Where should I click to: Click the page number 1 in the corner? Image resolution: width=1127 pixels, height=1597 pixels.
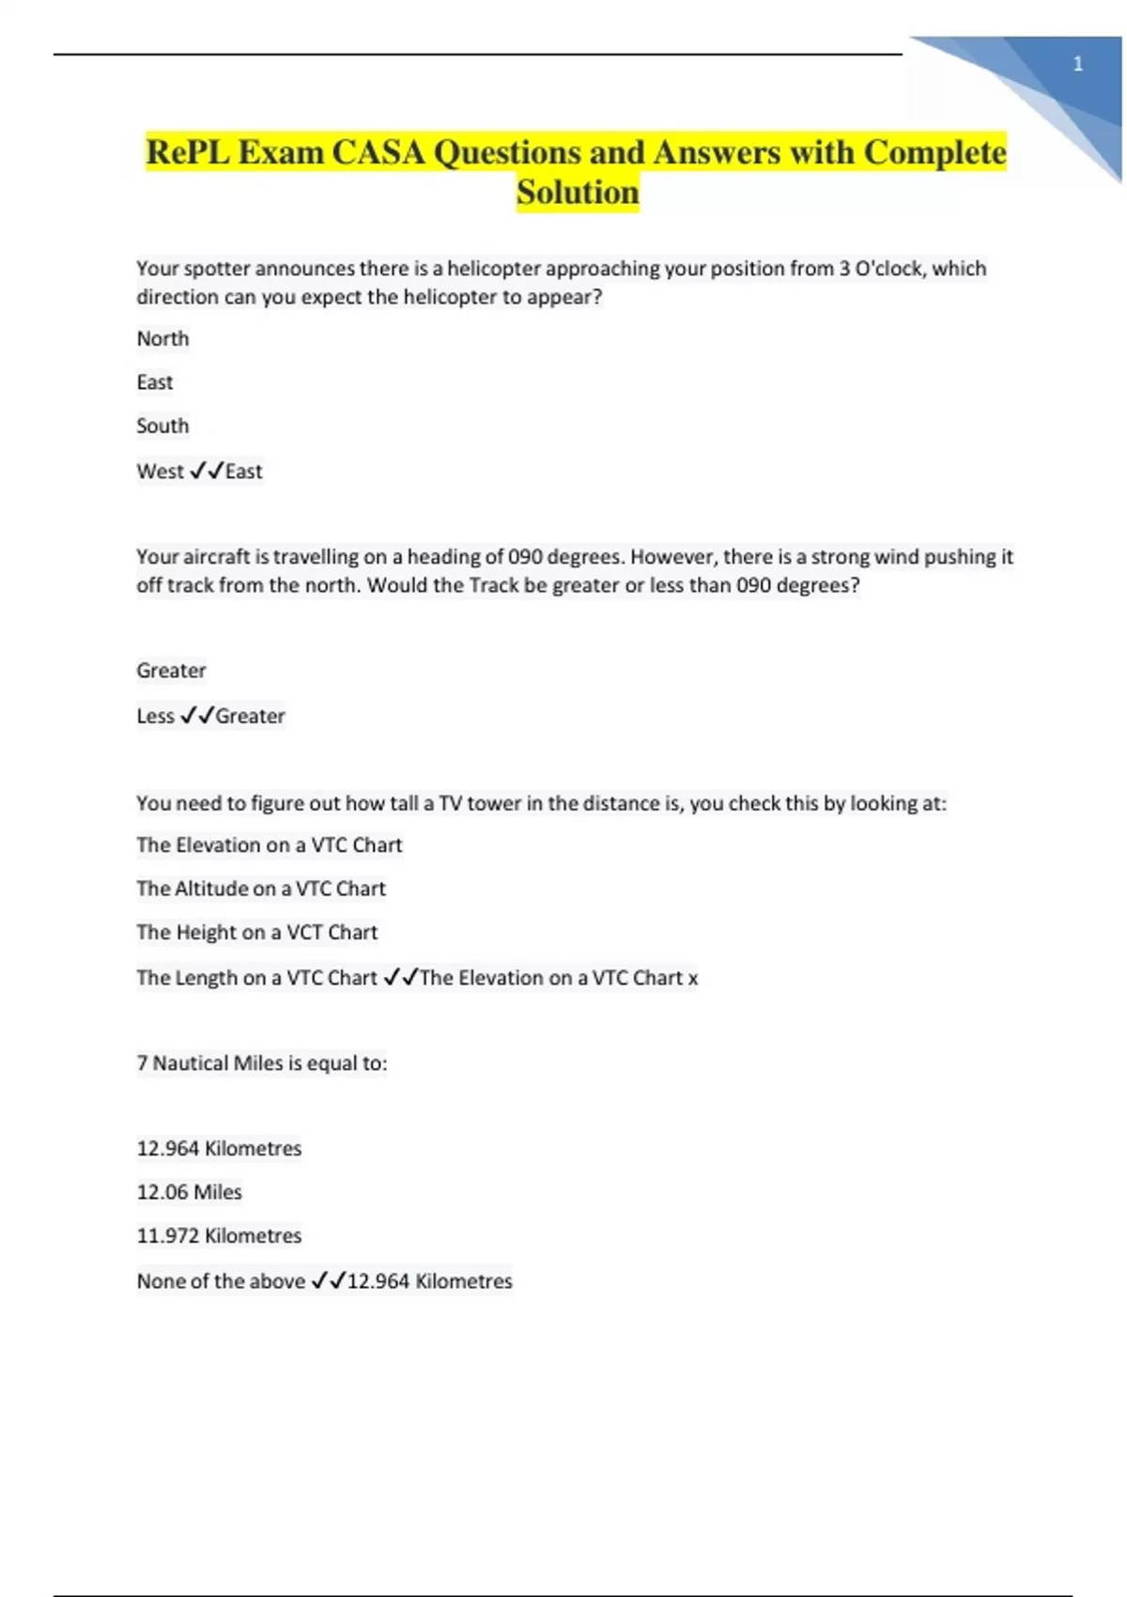[x=1078, y=64]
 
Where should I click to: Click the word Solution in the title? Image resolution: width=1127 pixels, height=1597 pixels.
[x=578, y=193]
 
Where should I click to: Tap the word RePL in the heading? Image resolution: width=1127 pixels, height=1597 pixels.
[x=187, y=152]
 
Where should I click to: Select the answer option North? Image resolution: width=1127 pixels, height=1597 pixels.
[x=162, y=338]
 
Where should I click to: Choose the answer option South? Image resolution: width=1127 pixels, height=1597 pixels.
[x=162, y=426]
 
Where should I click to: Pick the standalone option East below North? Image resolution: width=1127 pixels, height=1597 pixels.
[x=155, y=382]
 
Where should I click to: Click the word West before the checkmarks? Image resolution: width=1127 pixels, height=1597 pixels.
[x=161, y=472]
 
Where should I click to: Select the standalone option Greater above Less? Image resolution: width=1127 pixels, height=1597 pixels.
[x=171, y=671]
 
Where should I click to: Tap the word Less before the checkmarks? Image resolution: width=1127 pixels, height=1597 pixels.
[x=155, y=716]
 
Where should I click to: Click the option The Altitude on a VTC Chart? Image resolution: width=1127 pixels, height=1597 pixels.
[x=261, y=889]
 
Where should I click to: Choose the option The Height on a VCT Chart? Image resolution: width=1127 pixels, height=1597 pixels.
[x=256, y=932]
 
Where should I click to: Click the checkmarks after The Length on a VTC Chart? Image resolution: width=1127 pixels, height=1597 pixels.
[x=400, y=978]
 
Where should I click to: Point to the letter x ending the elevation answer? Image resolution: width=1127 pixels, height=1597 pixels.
[x=693, y=979]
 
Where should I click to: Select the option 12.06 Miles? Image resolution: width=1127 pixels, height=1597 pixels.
[x=189, y=1192]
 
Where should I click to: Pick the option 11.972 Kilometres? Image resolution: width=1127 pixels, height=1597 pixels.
[x=219, y=1235]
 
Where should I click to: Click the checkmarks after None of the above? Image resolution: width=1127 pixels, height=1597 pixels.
[x=328, y=1280]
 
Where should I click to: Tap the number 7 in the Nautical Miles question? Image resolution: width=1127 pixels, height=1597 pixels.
[x=142, y=1063]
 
